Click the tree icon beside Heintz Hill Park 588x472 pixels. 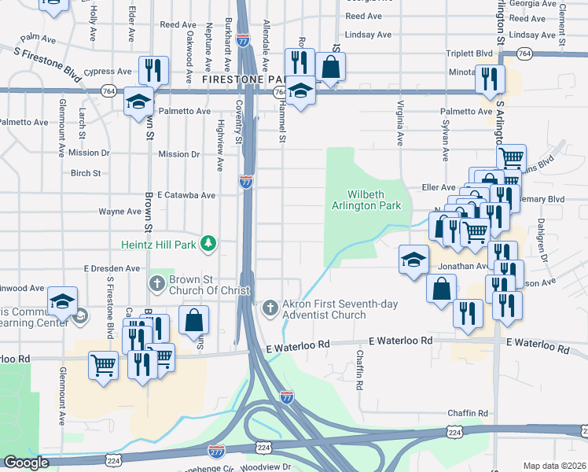point(208,243)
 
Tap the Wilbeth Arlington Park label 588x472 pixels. point(375,201)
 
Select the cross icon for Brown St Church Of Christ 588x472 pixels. point(156,282)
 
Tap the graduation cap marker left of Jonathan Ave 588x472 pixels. point(413,260)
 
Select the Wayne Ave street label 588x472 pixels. point(119,212)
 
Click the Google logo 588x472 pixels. point(26,463)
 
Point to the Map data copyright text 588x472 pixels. point(553,466)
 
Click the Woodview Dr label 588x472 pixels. point(267,466)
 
